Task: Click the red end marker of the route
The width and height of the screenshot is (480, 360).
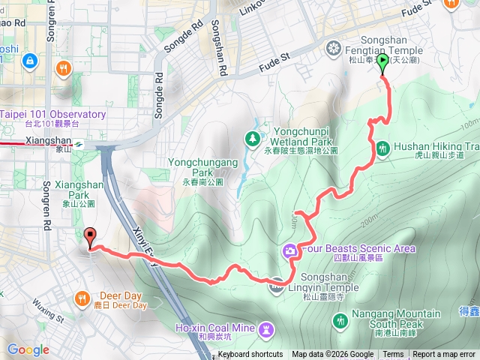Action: [91, 237]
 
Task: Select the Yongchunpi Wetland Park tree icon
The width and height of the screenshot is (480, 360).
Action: [253, 138]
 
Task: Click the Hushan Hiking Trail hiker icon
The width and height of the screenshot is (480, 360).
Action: [382, 148]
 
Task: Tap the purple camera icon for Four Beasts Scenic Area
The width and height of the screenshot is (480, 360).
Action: [289, 250]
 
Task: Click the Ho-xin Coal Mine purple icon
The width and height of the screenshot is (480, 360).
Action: [265, 329]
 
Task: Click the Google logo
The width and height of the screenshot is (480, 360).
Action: [28, 349]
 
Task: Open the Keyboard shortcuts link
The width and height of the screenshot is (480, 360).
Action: [250, 355]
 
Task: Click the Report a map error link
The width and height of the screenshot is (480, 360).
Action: [445, 355]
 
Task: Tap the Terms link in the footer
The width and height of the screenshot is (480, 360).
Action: [393, 355]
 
